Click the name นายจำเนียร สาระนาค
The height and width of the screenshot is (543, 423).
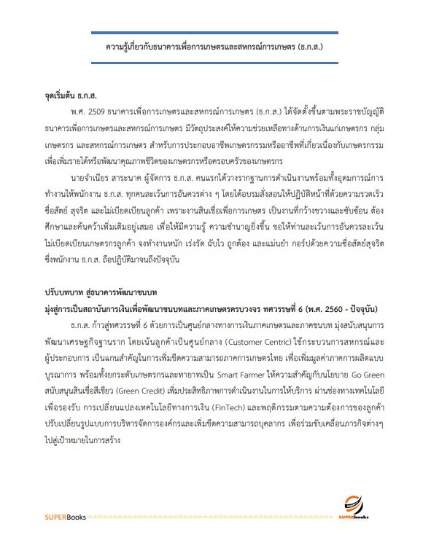click(x=107, y=176)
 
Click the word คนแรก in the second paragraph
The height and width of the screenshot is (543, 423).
click(x=207, y=176)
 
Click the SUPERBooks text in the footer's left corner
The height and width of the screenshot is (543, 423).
click(x=63, y=517)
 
